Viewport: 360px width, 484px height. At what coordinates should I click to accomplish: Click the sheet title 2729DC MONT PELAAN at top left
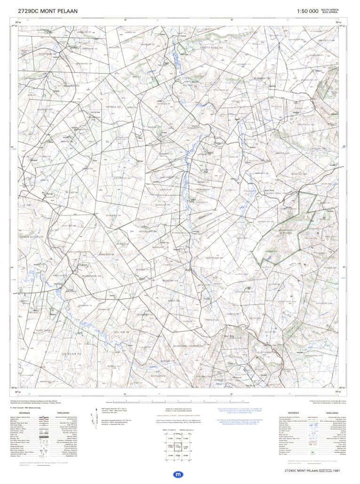[x=48, y=10]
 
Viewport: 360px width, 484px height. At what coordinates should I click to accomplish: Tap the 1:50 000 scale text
[x=307, y=11]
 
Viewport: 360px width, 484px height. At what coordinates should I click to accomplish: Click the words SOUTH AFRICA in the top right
[x=329, y=9]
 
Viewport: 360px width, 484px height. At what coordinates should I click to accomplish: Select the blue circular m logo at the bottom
[x=179, y=475]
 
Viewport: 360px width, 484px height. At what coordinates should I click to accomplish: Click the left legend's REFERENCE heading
[x=24, y=412]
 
